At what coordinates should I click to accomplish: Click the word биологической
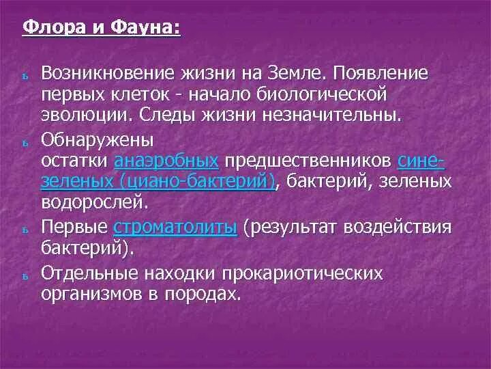coord(320,92)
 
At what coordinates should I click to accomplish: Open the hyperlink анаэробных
coord(167,161)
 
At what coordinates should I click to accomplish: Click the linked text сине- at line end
coord(421,161)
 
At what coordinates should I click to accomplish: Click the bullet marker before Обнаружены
coord(24,142)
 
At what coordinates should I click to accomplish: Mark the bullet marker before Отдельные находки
coord(24,277)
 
